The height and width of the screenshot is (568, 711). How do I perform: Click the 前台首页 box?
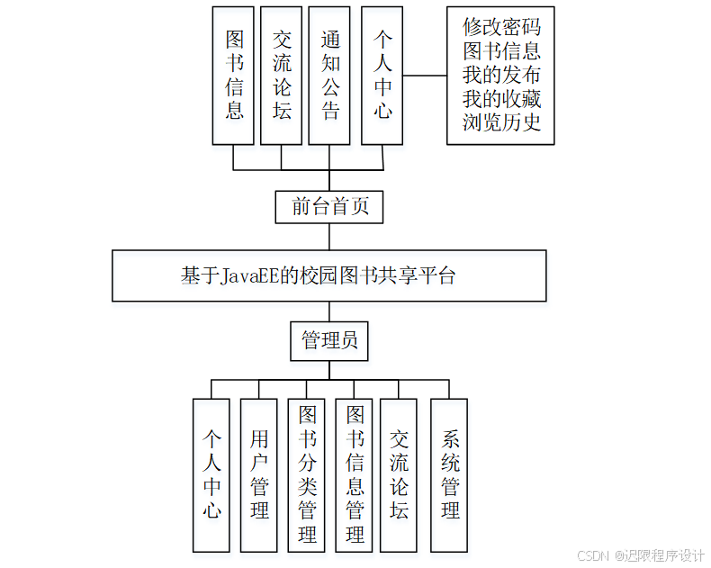[x=329, y=206]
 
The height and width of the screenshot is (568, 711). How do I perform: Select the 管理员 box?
[x=329, y=340]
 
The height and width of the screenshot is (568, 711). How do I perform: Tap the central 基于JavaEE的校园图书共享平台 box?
[x=329, y=275]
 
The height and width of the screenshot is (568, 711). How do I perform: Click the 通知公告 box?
[x=329, y=76]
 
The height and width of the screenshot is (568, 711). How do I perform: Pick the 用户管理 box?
[x=259, y=474]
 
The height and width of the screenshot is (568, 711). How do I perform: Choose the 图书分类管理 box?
[x=307, y=474]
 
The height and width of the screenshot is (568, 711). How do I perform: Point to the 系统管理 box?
[x=449, y=474]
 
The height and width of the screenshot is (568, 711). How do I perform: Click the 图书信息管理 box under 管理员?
[x=355, y=474]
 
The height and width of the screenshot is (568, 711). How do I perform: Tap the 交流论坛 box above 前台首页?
[x=282, y=76]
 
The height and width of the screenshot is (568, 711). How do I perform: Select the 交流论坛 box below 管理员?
[x=399, y=474]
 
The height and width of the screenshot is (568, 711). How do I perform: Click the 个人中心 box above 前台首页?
[x=382, y=76]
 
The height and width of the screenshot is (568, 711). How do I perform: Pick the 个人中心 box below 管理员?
[x=211, y=474]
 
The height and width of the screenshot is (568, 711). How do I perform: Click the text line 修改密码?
[x=501, y=26]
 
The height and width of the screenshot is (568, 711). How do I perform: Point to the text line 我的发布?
[x=501, y=75]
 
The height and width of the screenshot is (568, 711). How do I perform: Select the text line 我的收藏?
[x=501, y=98]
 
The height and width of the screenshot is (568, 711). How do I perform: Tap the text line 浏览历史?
[x=501, y=122]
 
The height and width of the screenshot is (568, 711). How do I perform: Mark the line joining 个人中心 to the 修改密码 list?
[x=425, y=76]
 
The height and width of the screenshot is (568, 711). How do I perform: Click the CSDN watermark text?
[x=592, y=554]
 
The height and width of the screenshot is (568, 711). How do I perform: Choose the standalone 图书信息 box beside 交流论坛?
[x=234, y=76]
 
